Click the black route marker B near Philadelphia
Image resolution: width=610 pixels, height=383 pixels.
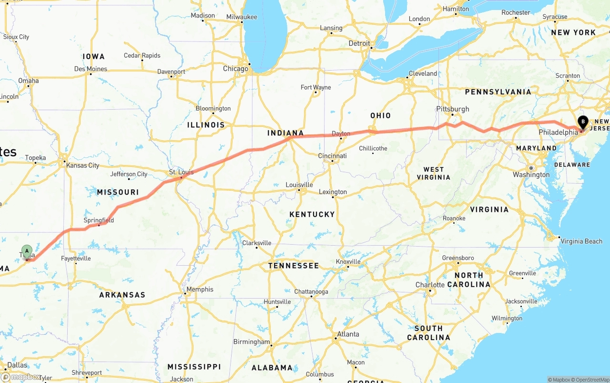583,121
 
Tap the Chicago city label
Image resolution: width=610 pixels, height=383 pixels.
235,69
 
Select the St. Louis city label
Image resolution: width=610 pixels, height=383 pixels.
181,172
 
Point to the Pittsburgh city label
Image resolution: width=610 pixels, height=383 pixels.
453,109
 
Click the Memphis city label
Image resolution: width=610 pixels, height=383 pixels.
200,289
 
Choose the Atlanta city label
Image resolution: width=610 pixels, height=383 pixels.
348,334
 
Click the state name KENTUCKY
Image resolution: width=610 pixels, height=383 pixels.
312,214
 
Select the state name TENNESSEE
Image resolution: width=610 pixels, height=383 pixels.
294,265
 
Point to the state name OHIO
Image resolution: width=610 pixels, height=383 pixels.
380,115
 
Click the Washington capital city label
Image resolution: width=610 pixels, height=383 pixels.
531,175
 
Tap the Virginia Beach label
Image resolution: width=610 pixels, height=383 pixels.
581,241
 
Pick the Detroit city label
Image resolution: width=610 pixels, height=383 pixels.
359,43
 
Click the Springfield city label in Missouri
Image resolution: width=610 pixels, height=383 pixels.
99,220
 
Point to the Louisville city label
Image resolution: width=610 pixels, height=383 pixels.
299,185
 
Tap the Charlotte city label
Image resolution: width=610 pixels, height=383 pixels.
429,285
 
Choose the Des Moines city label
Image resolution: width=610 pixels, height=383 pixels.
91,69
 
